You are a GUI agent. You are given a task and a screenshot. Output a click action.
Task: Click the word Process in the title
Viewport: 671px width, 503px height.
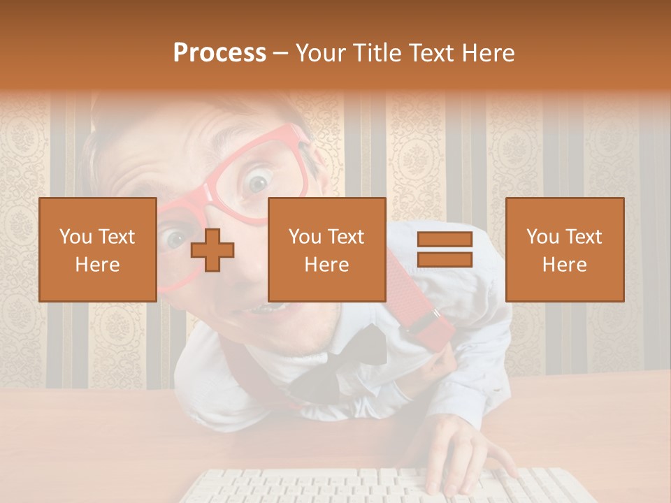tap(219, 52)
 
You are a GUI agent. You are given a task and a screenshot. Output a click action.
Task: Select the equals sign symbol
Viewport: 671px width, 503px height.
tap(445, 249)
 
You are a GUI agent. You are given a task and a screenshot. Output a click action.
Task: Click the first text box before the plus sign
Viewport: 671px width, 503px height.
tap(97, 249)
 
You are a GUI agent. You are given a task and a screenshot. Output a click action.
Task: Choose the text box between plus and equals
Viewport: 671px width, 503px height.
tap(326, 249)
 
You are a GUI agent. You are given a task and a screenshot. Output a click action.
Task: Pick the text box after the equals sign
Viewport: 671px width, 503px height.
tap(564, 249)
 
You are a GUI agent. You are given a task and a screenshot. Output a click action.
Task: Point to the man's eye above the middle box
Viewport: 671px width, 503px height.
tap(259, 184)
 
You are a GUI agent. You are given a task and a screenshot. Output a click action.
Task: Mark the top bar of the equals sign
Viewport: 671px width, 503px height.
tap(445, 240)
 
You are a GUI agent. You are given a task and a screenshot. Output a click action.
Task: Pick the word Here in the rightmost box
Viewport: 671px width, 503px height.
tap(564, 265)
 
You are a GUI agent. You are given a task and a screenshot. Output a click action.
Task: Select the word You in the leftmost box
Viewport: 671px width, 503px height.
tap(74, 236)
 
